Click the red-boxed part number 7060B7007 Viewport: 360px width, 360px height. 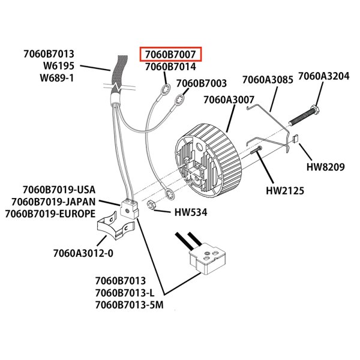(170, 55)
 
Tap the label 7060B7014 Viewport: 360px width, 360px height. (170, 67)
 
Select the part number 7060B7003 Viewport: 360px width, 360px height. (201, 83)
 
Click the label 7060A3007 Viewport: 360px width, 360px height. (229, 100)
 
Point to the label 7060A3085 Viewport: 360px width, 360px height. (267, 80)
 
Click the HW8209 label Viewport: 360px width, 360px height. (325, 167)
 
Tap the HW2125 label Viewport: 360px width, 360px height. (285, 191)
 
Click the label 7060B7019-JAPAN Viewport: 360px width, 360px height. (53, 202)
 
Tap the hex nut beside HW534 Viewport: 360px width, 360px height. (153, 206)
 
